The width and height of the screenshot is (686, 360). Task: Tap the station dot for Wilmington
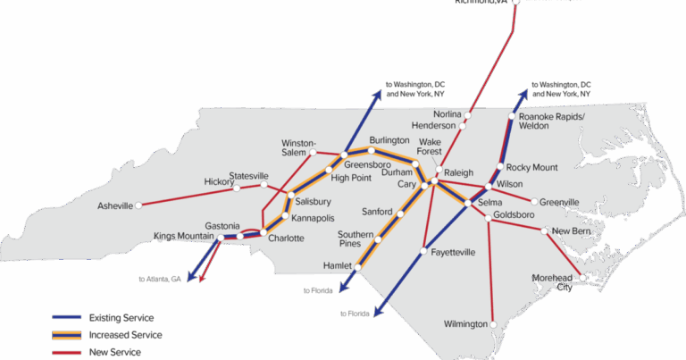[x=491, y=323]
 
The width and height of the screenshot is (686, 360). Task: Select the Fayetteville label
[x=453, y=253]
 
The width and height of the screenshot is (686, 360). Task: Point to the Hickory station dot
[x=237, y=188]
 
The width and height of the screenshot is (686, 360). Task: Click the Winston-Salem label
[x=299, y=147]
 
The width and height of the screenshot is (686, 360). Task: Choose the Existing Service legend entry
[x=121, y=317]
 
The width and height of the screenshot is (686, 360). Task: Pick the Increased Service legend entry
[x=125, y=334]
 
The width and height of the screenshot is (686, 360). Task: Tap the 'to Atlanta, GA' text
[x=159, y=279]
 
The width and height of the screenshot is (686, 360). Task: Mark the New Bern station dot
[x=547, y=230]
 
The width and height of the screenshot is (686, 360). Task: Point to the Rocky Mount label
[x=531, y=167]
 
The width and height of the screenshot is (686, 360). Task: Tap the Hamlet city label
[x=339, y=265]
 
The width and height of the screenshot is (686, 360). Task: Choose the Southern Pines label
[x=356, y=239]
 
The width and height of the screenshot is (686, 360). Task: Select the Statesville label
[x=248, y=175]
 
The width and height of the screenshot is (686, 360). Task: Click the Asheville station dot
[x=139, y=206]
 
